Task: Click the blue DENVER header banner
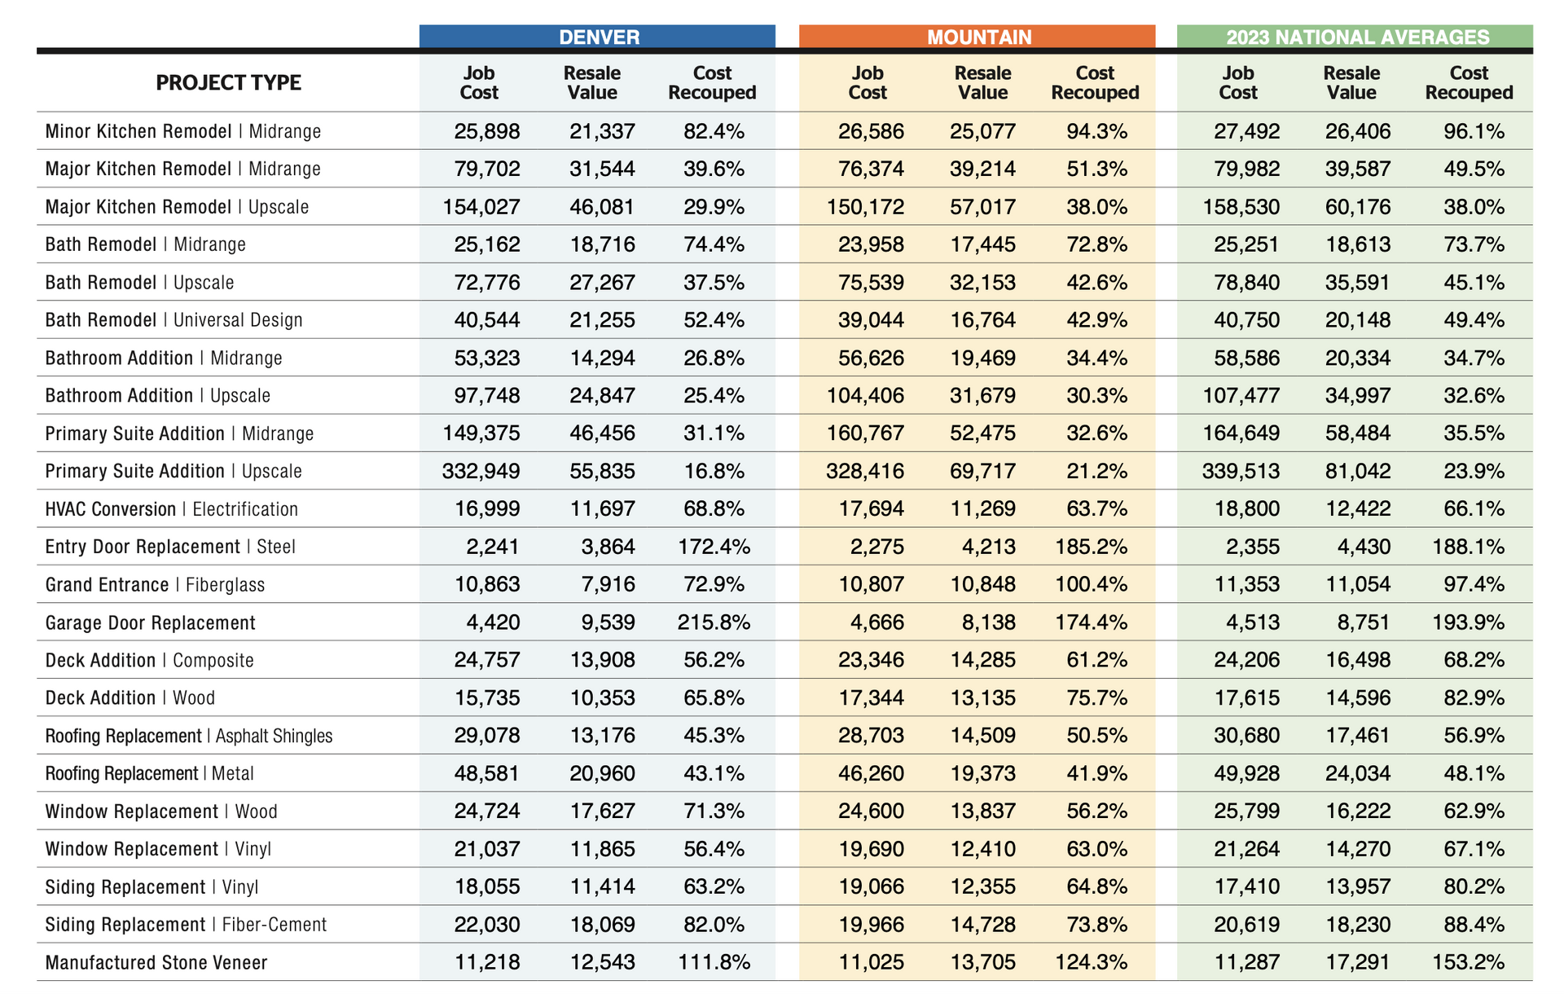tap(597, 37)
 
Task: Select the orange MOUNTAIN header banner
tap(977, 37)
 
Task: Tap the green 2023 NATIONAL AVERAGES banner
tap(1355, 37)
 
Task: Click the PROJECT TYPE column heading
tap(229, 82)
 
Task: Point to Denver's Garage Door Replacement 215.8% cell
tap(714, 622)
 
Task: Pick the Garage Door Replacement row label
tap(151, 623)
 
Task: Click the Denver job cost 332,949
tap(481, 471)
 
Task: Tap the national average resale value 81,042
tap(1358, 471)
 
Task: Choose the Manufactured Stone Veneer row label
tap(156, 963)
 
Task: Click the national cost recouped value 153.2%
tap(1469, 962)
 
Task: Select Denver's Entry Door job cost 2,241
tap(493, 547)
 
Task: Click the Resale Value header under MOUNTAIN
tap(983, 82)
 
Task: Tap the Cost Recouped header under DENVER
tap(712, 82)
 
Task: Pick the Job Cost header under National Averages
tap(1238, 82)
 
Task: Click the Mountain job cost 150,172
tap(865, 207)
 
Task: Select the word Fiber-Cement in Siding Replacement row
tap(275, 925)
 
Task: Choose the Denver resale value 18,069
tap(603, 925)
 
